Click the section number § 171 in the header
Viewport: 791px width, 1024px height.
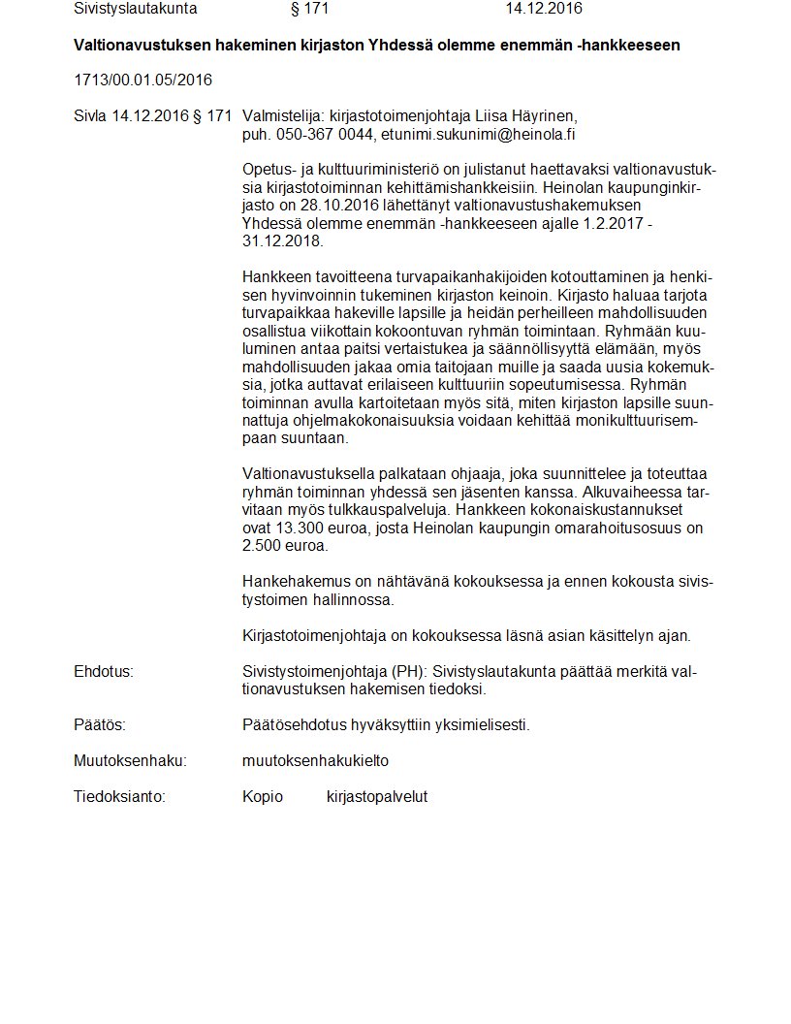309,9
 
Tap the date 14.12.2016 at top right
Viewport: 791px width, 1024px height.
543,9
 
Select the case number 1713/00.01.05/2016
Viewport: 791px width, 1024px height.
142,80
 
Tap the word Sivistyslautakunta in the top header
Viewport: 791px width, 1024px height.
135,9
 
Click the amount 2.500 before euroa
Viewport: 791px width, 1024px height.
263,545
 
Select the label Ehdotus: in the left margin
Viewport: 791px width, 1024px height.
103,672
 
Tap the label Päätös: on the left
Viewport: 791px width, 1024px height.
100,725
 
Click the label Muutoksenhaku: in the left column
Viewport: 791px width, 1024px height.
130,761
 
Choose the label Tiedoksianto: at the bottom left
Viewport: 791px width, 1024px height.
119,797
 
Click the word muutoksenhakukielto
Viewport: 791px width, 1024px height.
315,761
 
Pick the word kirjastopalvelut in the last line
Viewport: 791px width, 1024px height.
377,797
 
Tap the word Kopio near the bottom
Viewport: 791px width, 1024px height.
263,797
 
